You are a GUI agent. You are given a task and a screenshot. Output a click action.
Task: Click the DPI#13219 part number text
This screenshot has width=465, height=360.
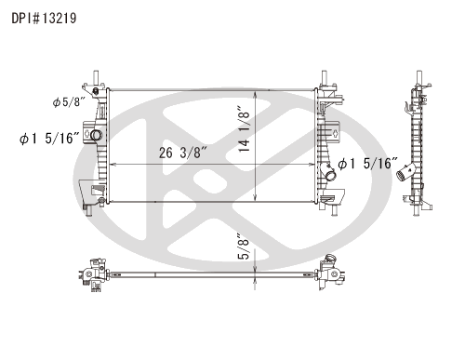pyautogui.click(x=44, y=19)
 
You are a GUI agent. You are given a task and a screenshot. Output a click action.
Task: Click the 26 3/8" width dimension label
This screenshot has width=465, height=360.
pyautogui.click(x=182, y=153)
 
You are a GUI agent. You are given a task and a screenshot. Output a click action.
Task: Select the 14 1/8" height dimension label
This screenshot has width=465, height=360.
pyautogui.click(x=244, y=129)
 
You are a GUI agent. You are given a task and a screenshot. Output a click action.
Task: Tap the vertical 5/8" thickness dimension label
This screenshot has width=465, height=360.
pyautogui.click(x=244, y=247)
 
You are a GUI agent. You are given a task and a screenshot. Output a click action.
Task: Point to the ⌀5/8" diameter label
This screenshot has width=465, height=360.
pyautogui.click(x=69, y=101)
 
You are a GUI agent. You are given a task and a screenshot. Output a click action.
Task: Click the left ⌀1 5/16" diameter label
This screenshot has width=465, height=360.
pyautogui.click(x=49, y=139)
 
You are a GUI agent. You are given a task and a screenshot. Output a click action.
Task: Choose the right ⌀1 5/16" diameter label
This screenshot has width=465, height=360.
pyautogui.click(x=368, y=164)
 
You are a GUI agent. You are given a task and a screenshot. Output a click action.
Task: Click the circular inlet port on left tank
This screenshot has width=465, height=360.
pyautogui.click(x=97, y=135)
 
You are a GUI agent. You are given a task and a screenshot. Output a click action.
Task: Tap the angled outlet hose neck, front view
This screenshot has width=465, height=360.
pyautogui.click(x=329, y=175)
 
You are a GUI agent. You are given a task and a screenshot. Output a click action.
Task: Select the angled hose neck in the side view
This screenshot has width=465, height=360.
pyautogui.click(x=406, y=172)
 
